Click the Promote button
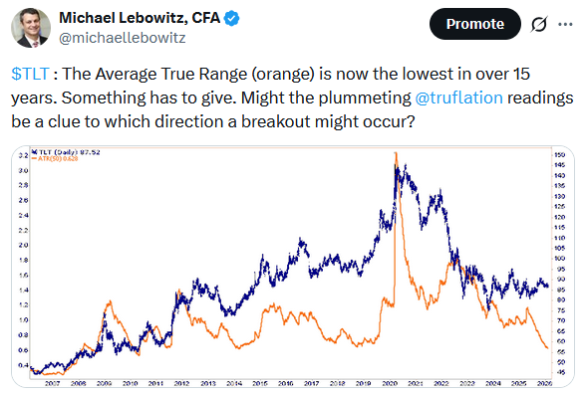pyautogui.click(x=473, y=23)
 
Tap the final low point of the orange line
pyautogui.click(x=546, y=347)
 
